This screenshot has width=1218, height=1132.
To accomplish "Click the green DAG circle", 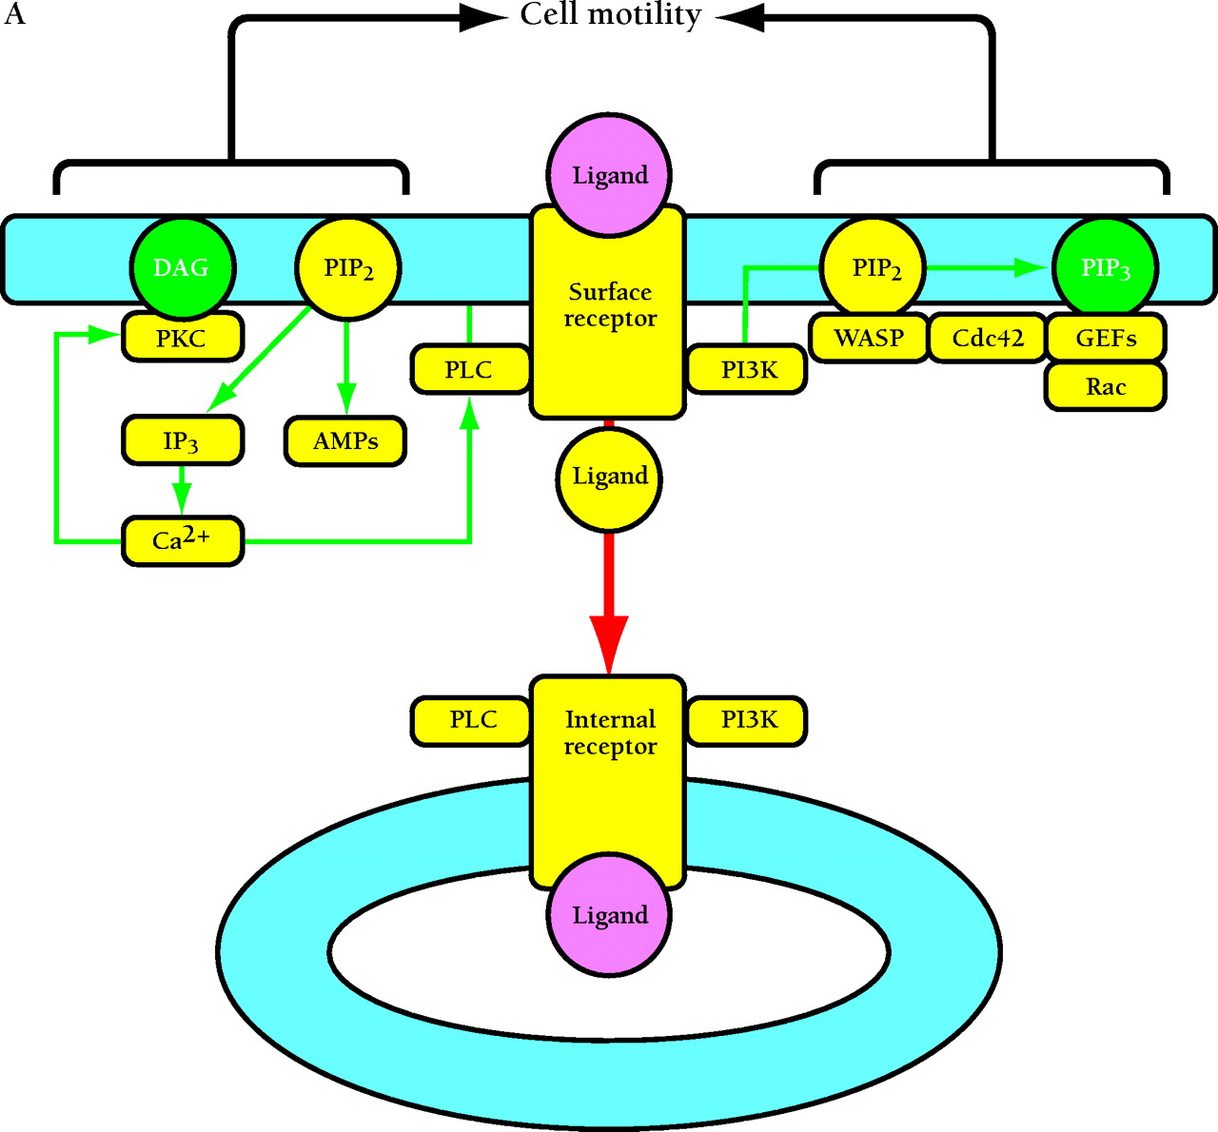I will pyautogui.click(x=182, y=268).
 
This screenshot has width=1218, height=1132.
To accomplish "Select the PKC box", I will pyautogui.click(x=182, y=339).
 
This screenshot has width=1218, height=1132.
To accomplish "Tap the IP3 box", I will pyautogui.click(x=182, y=440).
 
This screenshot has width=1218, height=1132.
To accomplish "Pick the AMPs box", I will pyautogui.click(x=345, y=440).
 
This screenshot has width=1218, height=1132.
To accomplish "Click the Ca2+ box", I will pyautogui.click(x=182, y=541).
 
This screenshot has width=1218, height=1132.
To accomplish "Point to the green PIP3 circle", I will pyautogui.click(x=1105, y=268).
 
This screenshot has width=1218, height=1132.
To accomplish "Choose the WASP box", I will pyautogui.click(x=869, y=338).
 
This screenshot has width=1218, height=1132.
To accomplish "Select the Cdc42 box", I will pyautogui.click(x=987, y=338).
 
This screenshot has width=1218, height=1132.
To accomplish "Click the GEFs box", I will pyautogui.click(x=1106, y=338).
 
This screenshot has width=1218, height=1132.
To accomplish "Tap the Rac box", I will pyautogui.click(x=1106, y=386).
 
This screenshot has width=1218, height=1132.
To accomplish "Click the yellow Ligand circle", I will pyautogui.click(x=609, y=477).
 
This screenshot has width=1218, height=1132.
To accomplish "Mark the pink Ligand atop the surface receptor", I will pyautogui.click(x=609, y=175).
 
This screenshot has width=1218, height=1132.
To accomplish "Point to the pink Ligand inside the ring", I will pyautogui.click(x=609, y=915).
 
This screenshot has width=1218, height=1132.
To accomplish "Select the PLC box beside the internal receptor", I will pyautogui.click(x=472, y=720).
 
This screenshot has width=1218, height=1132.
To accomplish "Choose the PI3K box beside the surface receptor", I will pyautogui.click(x=748, y=369).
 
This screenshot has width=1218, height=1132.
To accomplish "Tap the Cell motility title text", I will pyautogui.click(x=610, y=15).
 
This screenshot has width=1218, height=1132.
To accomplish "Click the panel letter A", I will pyautogui.click(x=14, y=15).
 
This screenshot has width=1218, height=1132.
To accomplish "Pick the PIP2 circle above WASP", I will pyautogui.click(x=875, y=268).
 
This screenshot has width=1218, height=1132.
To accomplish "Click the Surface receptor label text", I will pyautogui.click(x=609, y=304).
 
